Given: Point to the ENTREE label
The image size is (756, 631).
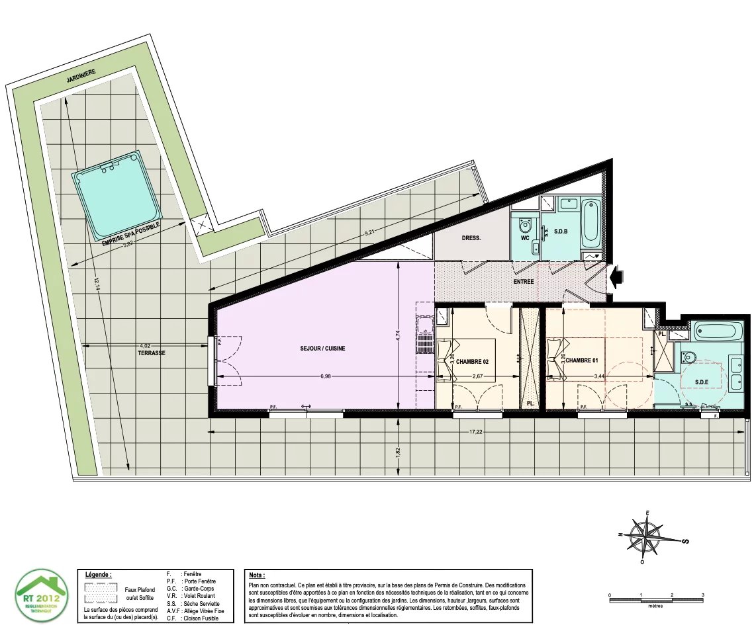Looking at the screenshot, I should click(523, 282).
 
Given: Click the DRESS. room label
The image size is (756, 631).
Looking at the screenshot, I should click(471, 237).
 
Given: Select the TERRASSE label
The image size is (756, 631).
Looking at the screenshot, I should click(152, 353).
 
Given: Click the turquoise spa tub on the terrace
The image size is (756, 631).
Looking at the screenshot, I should click(117, 194).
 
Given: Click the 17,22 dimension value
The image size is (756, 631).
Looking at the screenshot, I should click(473, 432).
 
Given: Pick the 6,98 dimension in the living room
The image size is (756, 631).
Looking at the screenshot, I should click(325, 376).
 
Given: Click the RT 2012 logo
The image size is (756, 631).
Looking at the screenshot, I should click(42, 594).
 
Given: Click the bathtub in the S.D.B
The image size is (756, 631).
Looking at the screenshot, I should click(591, 222).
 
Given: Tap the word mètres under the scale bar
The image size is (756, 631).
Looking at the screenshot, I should click(655, 606).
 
